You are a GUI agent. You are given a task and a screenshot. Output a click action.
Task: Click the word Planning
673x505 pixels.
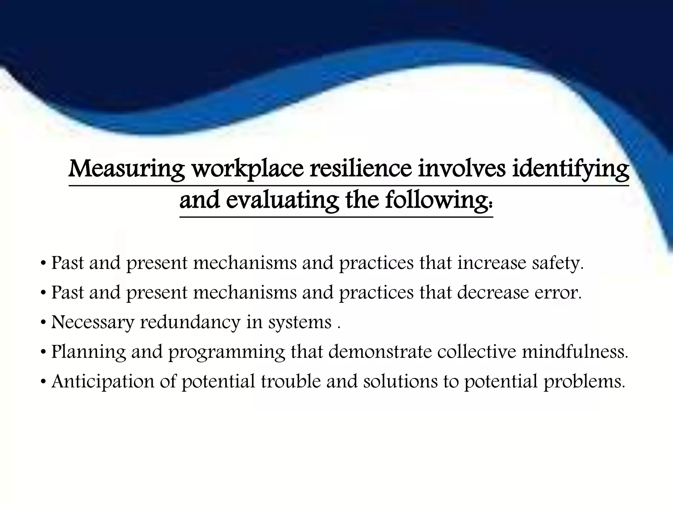click(x=88, y=352)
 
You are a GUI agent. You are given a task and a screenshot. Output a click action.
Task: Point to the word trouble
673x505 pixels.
click(x=290, y=381)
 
